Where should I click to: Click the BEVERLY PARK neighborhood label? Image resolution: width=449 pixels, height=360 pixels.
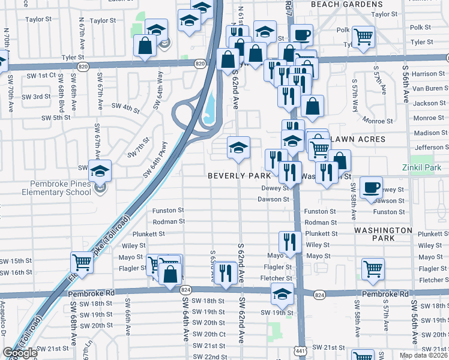(x=235, y=176)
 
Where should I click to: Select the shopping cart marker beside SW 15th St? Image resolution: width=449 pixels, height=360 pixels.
(x=82, y=262)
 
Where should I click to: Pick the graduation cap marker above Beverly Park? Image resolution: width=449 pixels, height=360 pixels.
(x=238, y=147)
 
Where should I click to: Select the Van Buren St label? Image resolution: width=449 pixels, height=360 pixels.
(x=430, y=88)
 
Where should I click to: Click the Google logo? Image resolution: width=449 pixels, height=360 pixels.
(x=20, y=353)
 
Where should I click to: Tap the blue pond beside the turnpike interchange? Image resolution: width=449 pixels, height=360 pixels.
(x=209, y=109)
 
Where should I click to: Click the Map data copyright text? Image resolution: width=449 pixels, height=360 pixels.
(x=423, y=355)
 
